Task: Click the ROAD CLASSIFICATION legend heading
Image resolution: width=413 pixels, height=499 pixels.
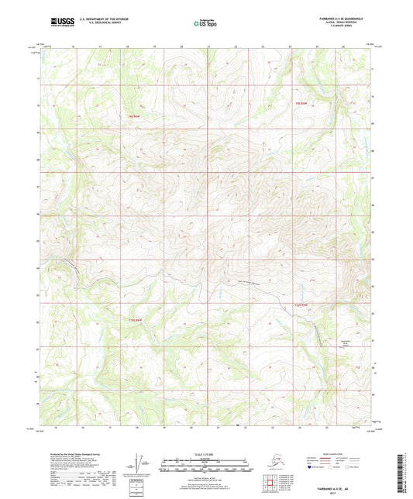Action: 336,453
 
